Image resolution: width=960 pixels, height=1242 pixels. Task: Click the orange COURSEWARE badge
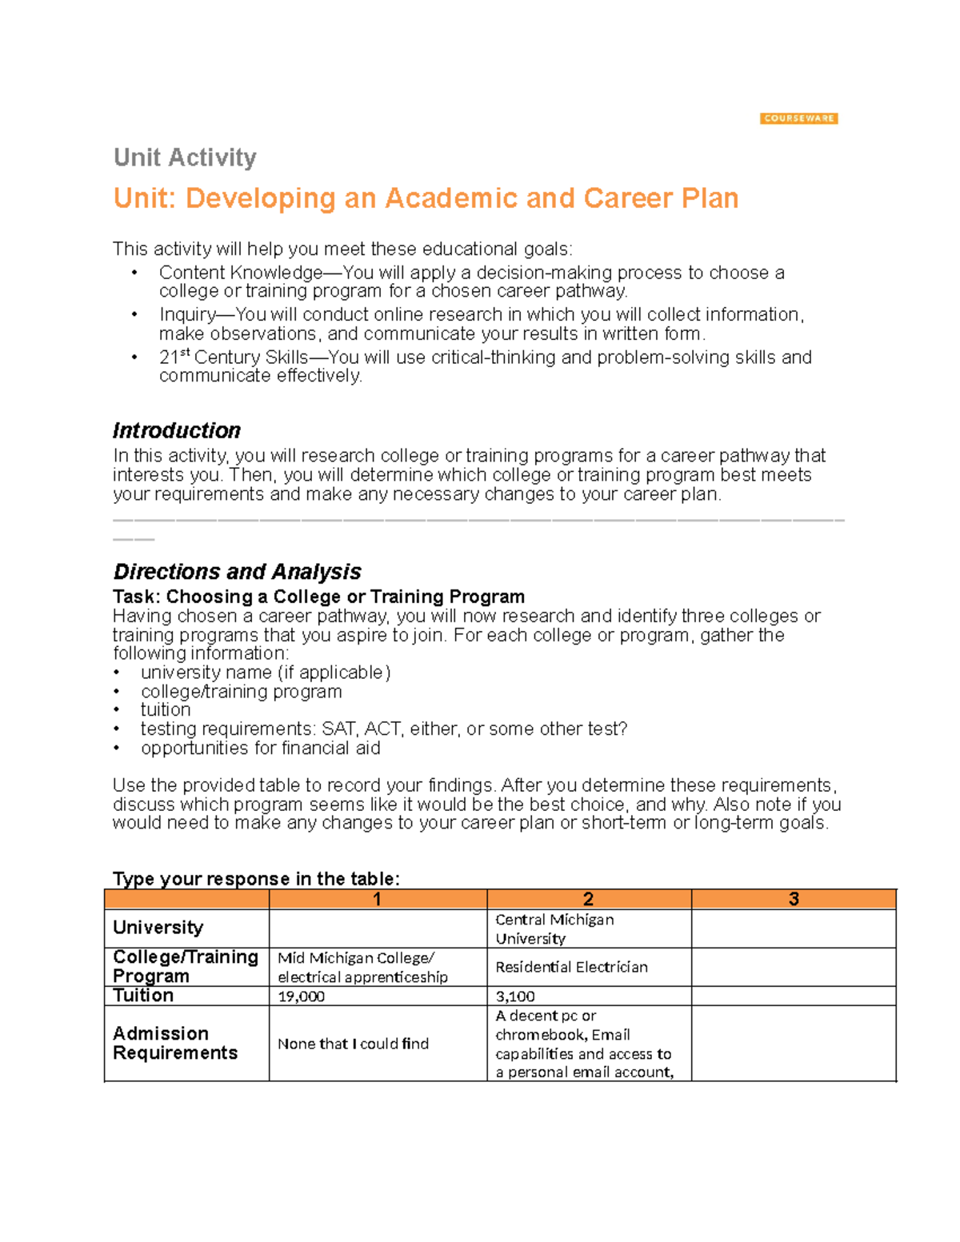click(x=798, y=118)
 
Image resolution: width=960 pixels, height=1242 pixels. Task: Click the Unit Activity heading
click(x=185, y=158)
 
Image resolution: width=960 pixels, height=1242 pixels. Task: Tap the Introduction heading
click(x=176, y=430)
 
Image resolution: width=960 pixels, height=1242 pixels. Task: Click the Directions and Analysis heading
click(x=237, y=571)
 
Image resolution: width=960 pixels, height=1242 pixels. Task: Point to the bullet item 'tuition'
click(x=166, y=710)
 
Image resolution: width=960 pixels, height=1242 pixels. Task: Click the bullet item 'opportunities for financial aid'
click(x=260, y=748)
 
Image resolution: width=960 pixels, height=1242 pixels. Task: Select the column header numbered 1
click(x=378, y=899)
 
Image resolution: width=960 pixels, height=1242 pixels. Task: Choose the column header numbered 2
click(x=588, y=899)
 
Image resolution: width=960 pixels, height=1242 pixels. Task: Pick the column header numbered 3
click(x=794, y=899)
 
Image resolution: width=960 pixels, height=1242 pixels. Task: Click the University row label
click(x=158, y=928)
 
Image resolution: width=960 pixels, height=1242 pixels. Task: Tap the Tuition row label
click(x=143, y=996)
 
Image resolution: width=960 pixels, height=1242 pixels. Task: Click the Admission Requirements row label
click(x=175, y=1043)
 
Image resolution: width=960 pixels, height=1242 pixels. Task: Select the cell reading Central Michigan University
click(x=554, y=929)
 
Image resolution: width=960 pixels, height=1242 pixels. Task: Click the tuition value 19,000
click(x=302, y=996)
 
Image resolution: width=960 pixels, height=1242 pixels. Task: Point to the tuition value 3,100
click(x=515, y=996)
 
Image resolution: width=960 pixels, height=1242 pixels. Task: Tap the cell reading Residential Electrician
click(x=571, y=967)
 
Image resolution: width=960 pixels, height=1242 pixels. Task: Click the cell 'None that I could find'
click(x=353, y=1044)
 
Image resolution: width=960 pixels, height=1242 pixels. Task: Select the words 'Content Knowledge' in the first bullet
click(x=240, y=273)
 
